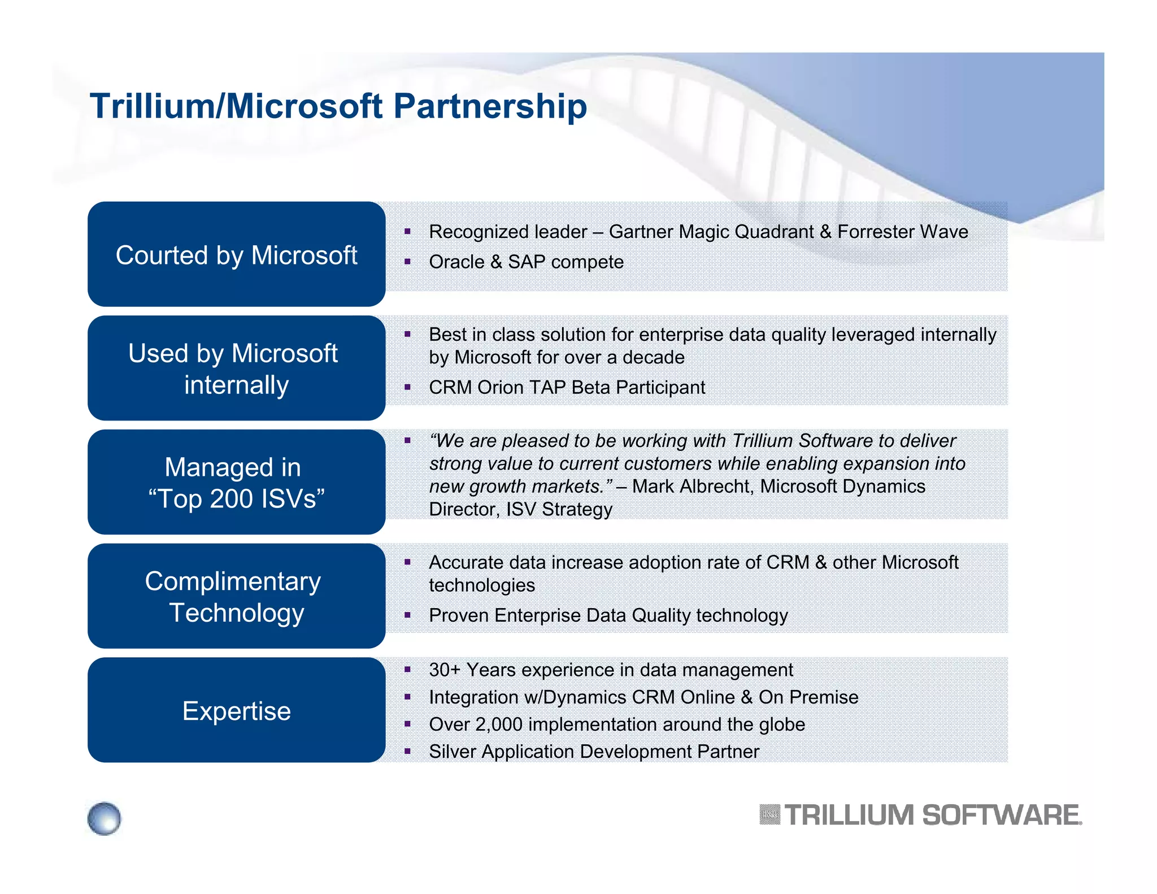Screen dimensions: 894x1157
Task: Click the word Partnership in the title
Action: [x=490, y=106]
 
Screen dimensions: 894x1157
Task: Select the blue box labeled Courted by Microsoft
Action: [x=236, y=254]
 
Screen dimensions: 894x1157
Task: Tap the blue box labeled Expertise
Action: [x=236, y=710]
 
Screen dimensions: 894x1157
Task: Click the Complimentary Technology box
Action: [x=236, y=596]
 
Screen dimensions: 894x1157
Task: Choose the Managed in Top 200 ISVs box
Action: [x=236, y=482]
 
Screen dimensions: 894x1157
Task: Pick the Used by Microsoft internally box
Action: [x=236, y=368]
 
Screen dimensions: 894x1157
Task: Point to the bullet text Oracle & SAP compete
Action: [x=526, y=262]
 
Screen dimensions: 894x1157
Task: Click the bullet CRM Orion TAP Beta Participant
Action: [x=567, y=388]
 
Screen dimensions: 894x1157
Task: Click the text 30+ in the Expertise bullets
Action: [x=445, y=670]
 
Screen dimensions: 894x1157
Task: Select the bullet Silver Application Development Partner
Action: [x=594, y=752]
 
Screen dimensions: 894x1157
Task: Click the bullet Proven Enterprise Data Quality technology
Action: [x=608, y=615]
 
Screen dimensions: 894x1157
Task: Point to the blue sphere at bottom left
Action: [x=105, y=818]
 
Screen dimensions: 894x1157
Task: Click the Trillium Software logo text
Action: [x=932, y=815]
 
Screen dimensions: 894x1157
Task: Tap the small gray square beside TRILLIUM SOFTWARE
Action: [x=769, y=815]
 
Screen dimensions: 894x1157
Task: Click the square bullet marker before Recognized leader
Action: [x=407, y=231]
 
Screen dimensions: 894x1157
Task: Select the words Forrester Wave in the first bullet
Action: [x=902, y=232]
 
